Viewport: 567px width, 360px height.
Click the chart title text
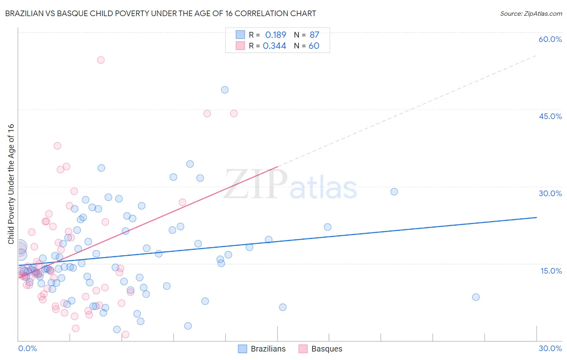point(161,13)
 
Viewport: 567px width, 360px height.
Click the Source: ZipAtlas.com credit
point(531,13)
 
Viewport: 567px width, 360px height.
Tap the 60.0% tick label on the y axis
point(550,39)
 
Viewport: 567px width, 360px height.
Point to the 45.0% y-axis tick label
point(550,116)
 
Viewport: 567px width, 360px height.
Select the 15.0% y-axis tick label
point(551,271)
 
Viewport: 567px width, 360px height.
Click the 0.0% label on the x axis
point(27,348)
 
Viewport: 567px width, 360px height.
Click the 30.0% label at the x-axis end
point(550,348)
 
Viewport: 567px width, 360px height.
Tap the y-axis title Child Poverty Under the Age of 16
point(11,184)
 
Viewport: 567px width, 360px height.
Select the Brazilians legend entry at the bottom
point(262,349)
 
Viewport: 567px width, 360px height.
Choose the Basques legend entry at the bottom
point(321,349)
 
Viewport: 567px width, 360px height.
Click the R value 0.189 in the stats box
point(275,35)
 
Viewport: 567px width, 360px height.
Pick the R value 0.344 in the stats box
point(275,46)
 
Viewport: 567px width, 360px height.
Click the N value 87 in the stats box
point(314,35)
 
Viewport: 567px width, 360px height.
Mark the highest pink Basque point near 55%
point(101,60)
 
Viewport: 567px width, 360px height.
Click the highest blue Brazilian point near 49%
point(225,90)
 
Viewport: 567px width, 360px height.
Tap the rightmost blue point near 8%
point(476,297)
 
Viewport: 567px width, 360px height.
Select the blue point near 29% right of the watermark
point(394,192)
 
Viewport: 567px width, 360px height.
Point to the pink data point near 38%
point(57,146)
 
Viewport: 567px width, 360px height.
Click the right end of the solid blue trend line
point(536,217)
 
